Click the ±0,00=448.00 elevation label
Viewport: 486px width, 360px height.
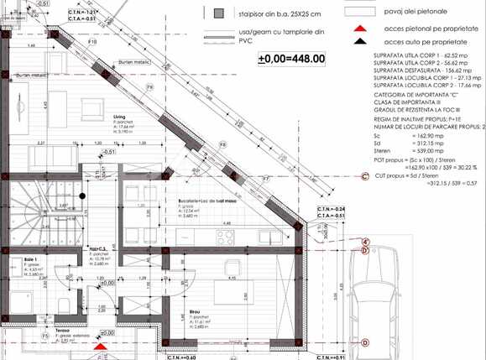[x=292, y=58]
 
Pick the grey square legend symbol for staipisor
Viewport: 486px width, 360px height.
[x=219, y=14]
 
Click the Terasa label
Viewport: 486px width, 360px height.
[x=51, y=331]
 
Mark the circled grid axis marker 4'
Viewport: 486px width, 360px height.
[x=365, y=243]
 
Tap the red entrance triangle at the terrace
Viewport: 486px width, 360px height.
[x=101, y=346]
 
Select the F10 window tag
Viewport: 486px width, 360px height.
[x=92, y=39]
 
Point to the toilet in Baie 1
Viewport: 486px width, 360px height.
[x=62, y=302]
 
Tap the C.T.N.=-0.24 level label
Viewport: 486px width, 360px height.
[x=332, y=208]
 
